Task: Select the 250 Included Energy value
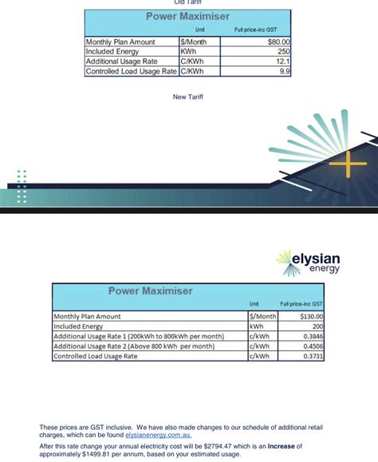click(x=284, y=51)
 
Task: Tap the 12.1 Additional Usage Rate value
click(x=284, y=61)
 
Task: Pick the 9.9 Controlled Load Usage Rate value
click(x=285, y=71)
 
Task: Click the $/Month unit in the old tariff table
click(x=194, y=41)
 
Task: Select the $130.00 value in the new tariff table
click(x=310, y=316)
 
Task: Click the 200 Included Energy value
click(x=317, y=326)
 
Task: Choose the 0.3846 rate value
click(x=312, y=337)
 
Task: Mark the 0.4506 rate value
click(x=312, y=346)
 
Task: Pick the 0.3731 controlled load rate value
click(x=312, y=357)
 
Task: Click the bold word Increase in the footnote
click(x=282, y=446)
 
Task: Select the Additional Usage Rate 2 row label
click(x=134, y=346)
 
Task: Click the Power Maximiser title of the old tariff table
click(x=187, y=16)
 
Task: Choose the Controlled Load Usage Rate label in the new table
click(x=96, y=357)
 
